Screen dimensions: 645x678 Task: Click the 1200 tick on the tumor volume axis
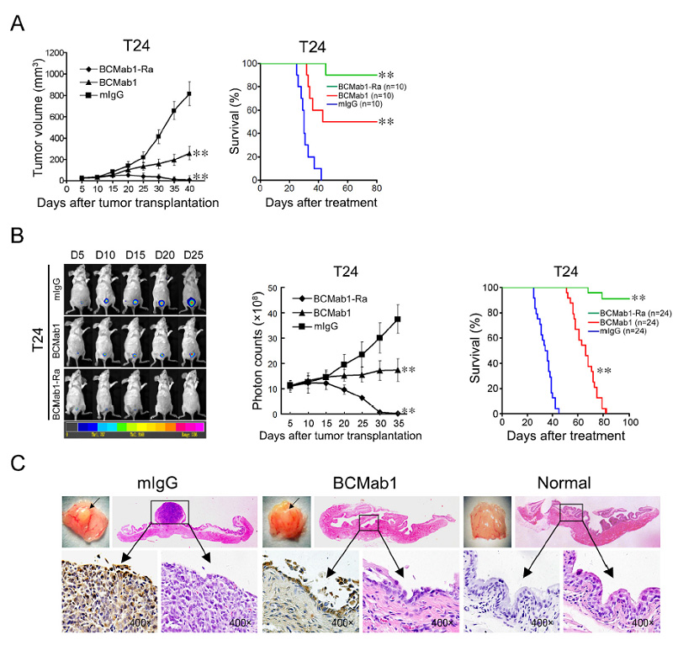point(55,52)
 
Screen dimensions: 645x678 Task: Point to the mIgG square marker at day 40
point(189,93)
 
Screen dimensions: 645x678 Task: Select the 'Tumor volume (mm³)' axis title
point(37,115)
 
